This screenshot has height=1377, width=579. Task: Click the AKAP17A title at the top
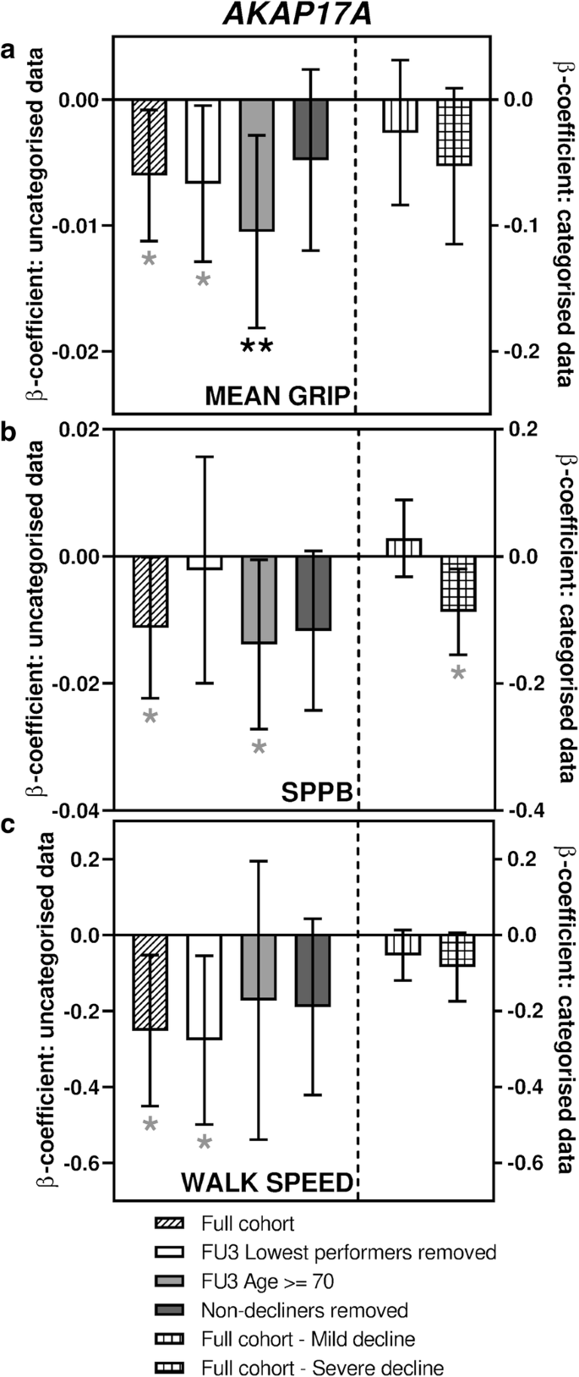287,16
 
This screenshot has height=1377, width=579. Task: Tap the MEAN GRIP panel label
278,397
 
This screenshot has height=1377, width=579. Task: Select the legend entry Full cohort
248,1223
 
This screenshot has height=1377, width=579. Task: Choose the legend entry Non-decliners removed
304,1310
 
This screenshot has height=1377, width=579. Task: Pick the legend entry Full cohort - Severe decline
322,1368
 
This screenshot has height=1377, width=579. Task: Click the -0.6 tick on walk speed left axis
85,1163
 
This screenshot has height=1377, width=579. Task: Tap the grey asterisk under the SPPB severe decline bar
457,673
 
